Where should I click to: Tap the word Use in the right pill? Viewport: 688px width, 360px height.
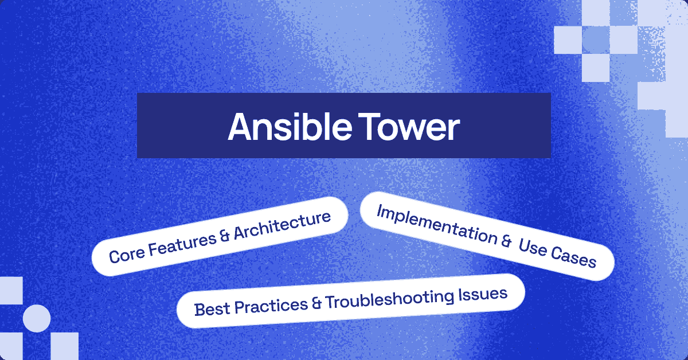533,249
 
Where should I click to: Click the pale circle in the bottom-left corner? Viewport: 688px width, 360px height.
37,319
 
